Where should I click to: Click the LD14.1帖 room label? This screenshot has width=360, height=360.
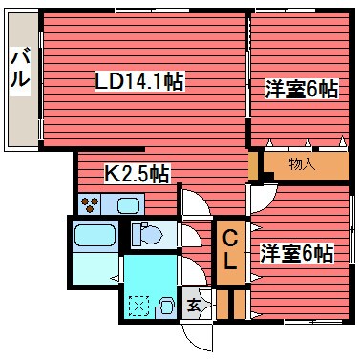(x=138, y=83)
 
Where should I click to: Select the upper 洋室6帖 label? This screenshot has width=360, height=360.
(x=300, y=90)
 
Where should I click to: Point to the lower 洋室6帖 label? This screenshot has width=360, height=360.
(x=296, y=254)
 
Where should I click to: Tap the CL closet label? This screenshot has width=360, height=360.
(x=231, y=251)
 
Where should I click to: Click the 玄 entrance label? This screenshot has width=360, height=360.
(x=194, y=306)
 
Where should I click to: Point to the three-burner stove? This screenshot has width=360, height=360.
(x=92, y=202)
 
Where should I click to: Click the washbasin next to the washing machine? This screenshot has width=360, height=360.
(x=167, y=307)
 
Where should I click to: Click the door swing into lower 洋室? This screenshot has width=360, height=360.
(x=260, y=201)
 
